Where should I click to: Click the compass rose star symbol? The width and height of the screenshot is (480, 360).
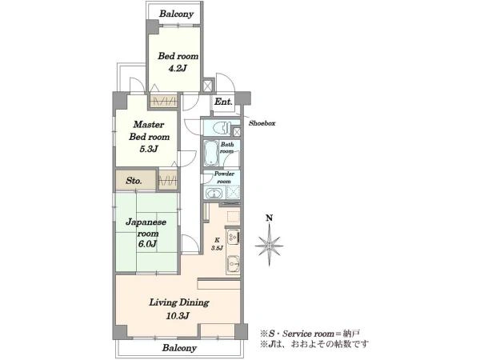coord(269,246)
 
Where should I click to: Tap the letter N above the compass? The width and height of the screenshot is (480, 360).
coord(269,218)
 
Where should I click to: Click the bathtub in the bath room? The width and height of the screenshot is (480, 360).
coord(210,153)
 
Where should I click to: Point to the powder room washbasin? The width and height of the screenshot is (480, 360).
coord(214,194)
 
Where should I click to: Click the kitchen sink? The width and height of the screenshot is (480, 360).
coord(234,263)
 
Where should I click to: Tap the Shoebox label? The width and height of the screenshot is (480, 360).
coord(262,123)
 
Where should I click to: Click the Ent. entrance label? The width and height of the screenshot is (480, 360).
coord(223,102)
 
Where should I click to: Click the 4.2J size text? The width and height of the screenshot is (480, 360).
coord(178,68)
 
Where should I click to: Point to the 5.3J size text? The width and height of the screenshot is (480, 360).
coord(149,149)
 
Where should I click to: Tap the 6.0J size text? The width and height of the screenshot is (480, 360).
coord(147,244)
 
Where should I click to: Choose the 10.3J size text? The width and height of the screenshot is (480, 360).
coord(178,316)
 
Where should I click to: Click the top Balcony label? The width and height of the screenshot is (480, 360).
coord(177,14)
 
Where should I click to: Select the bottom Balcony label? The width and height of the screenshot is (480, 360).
coord(179,348)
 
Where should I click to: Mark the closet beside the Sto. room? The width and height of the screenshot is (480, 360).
coord(168,181)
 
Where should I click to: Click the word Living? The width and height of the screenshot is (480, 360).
coord(163,302)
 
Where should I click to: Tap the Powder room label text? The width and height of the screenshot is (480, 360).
coord(224,178)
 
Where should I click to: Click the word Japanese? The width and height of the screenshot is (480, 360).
coord(146,222)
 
